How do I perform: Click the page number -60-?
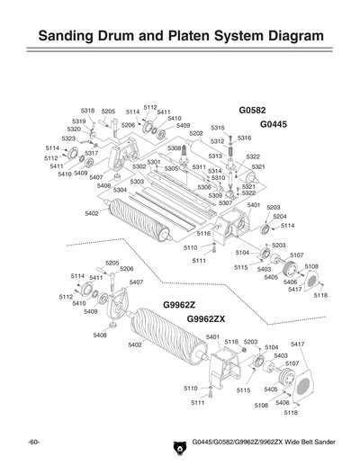click(x=34, y=444)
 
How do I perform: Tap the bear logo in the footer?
click(x=176, y=444)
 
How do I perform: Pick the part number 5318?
click(x=87, y=111)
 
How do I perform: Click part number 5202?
click(x=196, y=133)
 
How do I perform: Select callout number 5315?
click(x=217, y=129)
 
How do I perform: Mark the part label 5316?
click(x=244, y=138)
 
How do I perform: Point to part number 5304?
click(x=120, y=190)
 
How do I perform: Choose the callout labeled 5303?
click(x=137, y=182)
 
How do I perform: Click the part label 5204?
click(x=280, y=217)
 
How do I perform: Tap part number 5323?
click(x=68, y=139)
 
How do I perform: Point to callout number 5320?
click(x=74, y=130)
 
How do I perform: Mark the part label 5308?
click(x=174, y=148)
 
